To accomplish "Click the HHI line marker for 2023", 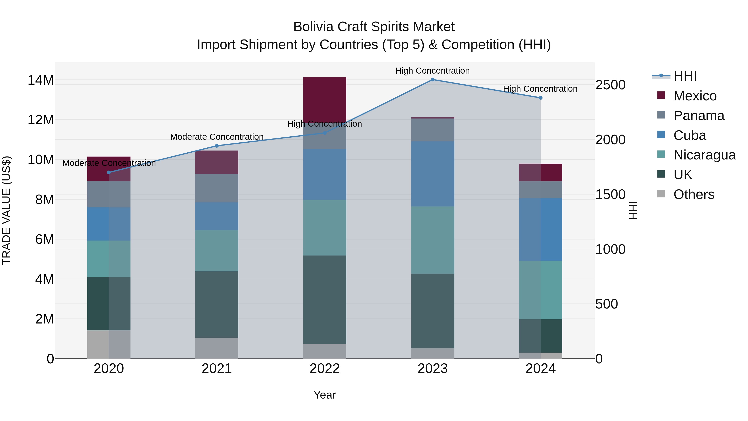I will point(433,80).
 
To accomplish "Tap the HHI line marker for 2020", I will point(109,173).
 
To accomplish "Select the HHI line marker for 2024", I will point(540,98).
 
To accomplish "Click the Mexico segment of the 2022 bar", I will point(325,99).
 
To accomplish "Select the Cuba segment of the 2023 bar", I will point(433,174).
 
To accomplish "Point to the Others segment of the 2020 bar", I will point(109,344).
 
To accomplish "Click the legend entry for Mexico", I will point(695,96).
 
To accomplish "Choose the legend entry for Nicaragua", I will point(704,155).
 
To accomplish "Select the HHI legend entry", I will point(685,76).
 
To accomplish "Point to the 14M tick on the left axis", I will point(41,80).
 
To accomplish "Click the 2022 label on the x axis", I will point(325,369).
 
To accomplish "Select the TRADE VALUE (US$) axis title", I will point(6,210).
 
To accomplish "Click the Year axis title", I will point(325,395).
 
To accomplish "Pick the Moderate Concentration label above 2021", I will point(217,137).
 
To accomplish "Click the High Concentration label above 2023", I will point(432,71).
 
